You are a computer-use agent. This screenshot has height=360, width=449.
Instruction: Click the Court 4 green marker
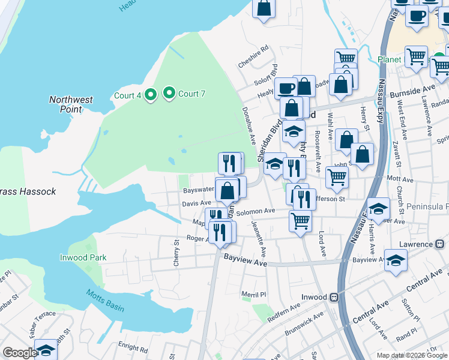point(151,95)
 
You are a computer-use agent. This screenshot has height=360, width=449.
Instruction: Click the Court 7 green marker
point(169,93)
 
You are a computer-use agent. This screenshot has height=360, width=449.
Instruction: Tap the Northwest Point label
point(71,104)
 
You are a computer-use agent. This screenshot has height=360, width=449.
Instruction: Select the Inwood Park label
point(83,257)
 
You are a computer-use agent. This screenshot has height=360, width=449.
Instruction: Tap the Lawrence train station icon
point(439,244)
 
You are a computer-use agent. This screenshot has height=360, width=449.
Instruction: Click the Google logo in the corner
point(20,353)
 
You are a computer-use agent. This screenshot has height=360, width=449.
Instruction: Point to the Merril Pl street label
point(253,294)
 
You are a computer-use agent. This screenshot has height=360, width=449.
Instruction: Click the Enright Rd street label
point(133,348)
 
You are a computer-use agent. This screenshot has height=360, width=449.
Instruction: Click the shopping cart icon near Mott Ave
point(337,177)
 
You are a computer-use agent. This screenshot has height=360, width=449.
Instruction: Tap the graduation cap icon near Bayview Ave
point(396,260)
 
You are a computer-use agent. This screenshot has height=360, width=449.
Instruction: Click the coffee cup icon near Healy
point(286,88)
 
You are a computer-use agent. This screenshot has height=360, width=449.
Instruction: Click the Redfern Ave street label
point(287,309)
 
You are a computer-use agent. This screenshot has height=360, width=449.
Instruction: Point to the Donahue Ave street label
point(249,125)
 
